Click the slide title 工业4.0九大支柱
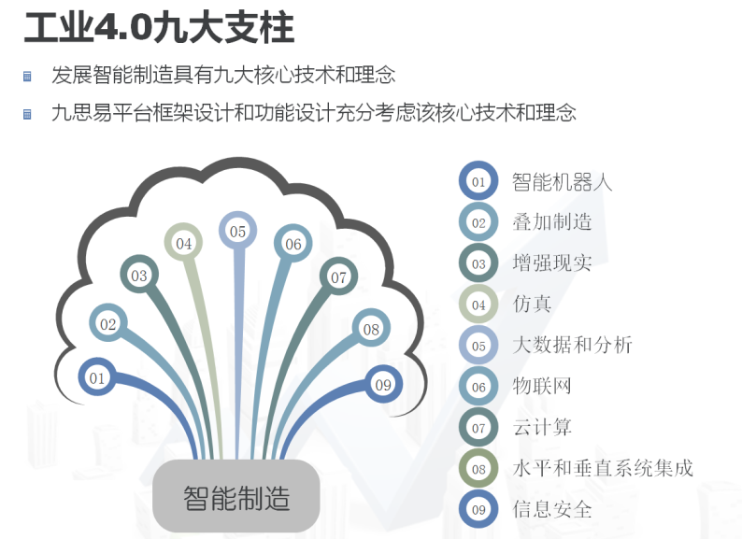point(160,28)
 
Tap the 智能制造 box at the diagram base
point(236,496)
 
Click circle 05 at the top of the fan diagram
point(237,231)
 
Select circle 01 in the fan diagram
point(97,377)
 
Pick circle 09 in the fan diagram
point(383,384)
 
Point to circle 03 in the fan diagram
point(139,275)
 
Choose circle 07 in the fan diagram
point(338,277)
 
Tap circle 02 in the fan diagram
point(107,323)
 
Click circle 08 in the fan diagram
point(371,328)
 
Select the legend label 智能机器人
point(563,182)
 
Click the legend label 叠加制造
point(552,222)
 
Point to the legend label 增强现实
point(552,262)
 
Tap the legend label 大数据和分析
point(573,345)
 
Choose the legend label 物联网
point(542,386)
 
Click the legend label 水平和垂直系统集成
point(603,468)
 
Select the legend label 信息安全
point(552,509)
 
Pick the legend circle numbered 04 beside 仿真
point(478,305)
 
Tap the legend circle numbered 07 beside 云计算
point(478,428)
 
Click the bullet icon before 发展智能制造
point(27,76)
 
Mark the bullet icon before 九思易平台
point(27,114)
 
